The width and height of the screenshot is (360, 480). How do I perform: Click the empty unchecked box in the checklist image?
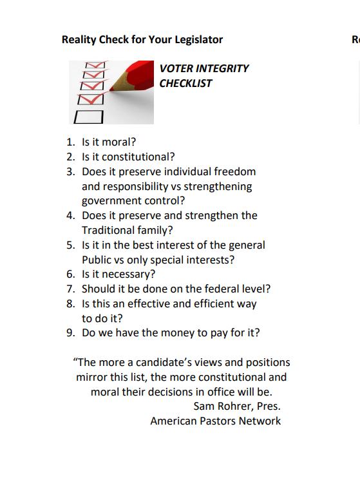(90, 117)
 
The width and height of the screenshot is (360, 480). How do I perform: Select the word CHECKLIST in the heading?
(185, 83)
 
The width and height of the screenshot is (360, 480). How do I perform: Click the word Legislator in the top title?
(198, 39)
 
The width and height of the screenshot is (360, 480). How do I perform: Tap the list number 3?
(71, 171)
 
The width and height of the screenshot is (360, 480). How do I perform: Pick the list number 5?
(71, 245)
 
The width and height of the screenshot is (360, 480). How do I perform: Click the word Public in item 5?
(97, 260)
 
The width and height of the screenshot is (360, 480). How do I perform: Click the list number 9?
(71, 332)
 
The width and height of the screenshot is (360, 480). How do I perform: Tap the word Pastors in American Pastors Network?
(218, 421)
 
